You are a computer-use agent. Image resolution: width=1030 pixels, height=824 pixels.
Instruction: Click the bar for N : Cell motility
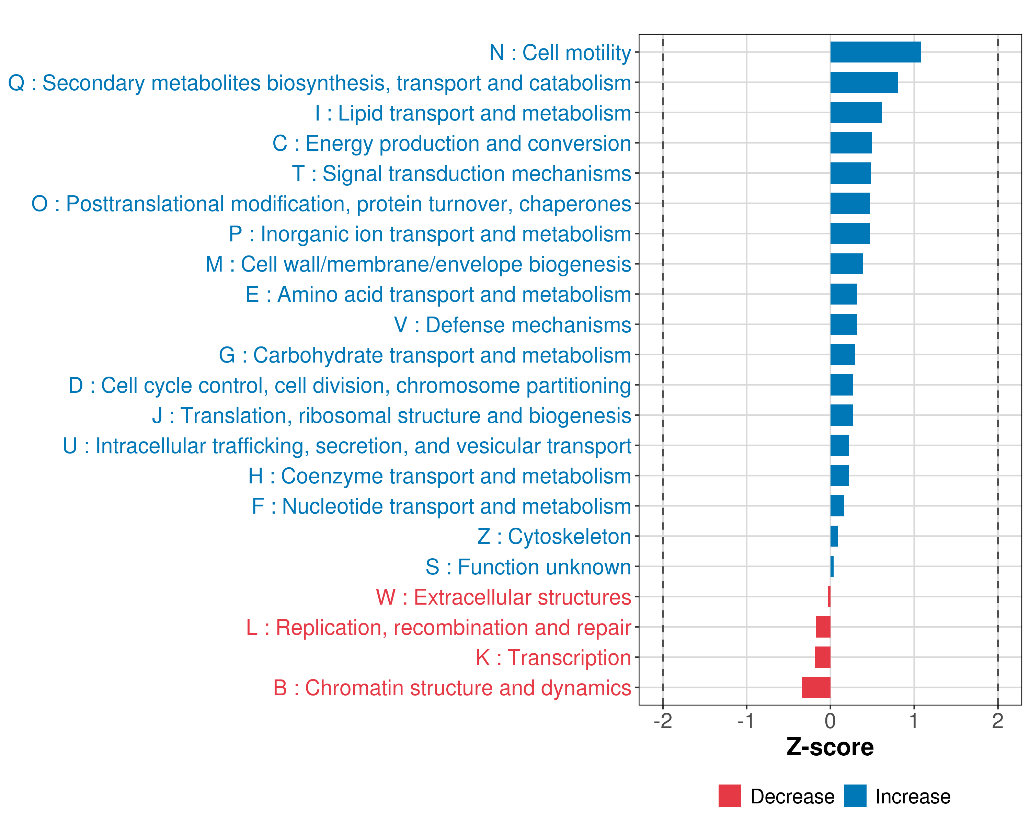(x=875, y=52)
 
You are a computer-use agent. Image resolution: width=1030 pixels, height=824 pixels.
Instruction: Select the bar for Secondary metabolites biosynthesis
(x=864, y=82)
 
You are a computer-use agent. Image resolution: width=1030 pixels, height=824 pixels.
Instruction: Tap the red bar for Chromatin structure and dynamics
(x=816, y=687)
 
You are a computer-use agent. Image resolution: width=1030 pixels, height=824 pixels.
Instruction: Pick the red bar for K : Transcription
(x=822, y=657)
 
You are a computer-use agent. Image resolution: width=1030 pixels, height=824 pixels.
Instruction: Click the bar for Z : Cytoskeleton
(x=834, y=536)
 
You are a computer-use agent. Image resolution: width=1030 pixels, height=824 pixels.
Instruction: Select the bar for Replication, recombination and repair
(x=823, y=627)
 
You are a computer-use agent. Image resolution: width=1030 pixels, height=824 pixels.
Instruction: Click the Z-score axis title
(x=830, y=747)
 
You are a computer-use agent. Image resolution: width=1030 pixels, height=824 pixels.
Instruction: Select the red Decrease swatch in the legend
(x=730, y=796)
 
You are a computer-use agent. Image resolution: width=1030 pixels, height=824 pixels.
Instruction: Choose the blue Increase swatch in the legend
(x=855, y=796)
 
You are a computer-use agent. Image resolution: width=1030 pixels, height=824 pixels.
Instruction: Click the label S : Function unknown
(x=528, y=567)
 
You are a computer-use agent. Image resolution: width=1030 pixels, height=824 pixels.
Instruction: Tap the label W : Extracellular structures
(x=504, y=597)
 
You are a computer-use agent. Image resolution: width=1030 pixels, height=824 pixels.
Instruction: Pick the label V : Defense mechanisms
(x=513, y=325)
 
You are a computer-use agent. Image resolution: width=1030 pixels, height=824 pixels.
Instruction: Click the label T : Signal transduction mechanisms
(x=461, y=174)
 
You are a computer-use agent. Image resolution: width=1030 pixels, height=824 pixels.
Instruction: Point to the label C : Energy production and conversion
(x=452, y=143)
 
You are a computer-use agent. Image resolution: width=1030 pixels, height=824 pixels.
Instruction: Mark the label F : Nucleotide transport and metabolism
(x=442, y=506)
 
